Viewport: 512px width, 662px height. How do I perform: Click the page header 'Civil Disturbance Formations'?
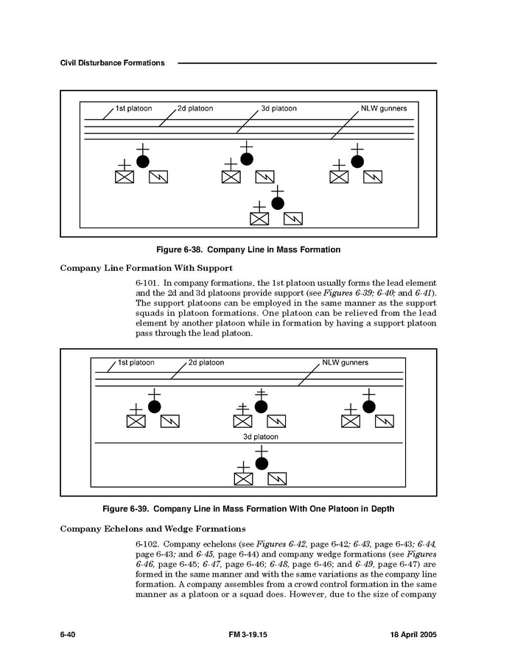click(112, 63)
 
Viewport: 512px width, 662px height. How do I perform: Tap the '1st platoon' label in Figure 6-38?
click(134, 109)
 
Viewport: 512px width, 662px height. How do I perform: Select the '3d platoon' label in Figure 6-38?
click(279, 109)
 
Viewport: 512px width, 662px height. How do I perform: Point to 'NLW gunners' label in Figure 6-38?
click(384, 109)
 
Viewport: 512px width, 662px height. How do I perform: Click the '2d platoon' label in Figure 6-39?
click(206, 363)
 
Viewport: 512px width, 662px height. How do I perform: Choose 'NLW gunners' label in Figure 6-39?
click(346, 363)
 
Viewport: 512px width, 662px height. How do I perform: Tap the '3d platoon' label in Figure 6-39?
click(261, 437)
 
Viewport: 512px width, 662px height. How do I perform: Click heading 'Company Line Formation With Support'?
click(146, 268)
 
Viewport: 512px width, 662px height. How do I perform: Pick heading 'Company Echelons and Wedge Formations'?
click(152, 529)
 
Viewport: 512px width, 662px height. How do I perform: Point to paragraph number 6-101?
click(147, 283)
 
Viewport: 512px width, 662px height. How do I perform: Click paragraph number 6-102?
click(147, 543)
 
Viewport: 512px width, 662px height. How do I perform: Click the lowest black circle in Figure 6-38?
click(278, 203)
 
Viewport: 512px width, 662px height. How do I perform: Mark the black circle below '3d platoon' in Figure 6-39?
click(262, 463)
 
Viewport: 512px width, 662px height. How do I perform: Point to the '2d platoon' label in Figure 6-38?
click(195, 109)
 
